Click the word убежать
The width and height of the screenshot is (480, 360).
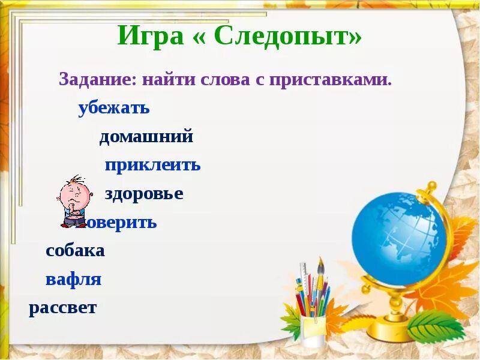113,109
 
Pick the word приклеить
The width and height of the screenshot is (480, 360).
152,166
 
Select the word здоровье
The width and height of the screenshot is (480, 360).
144,194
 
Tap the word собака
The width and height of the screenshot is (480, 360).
75,251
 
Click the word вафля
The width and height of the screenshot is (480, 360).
73,280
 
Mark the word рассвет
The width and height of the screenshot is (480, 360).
62,308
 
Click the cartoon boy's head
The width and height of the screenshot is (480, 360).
74,192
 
